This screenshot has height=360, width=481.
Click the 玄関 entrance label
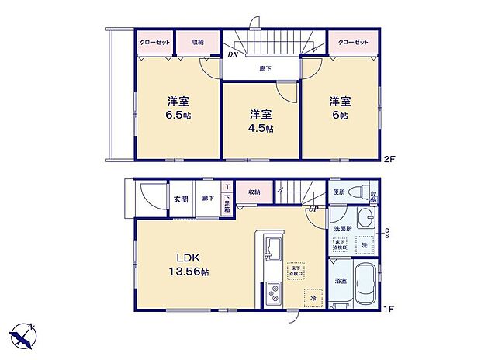click(180, 198)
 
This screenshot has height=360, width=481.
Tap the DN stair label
click(232, 54)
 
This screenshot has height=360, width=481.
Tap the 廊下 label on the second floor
click(265, 69)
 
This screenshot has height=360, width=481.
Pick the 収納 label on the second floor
click(199, 41)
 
